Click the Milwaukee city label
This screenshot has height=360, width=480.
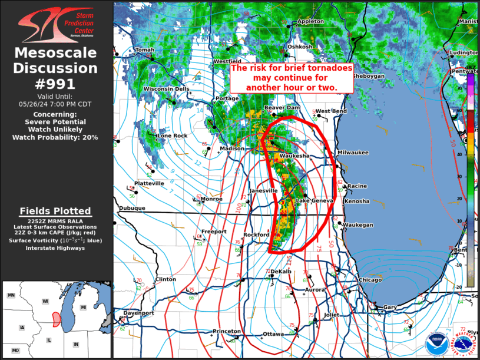click(x=353, y=153)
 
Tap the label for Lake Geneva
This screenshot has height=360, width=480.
click(x=315, y=201)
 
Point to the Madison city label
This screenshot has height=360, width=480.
click(x=231, y=148)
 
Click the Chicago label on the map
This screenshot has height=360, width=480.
click(x=370, y=280)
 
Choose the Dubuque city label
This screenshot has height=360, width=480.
click(x=132, y=208)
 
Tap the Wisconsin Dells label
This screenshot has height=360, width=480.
click(x=166, y=89)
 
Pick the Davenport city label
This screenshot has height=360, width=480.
click(x=139, y=313)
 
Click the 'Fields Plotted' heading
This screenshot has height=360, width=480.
click(x=55, y=211)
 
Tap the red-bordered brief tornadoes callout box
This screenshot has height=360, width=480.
click(x=292, y=78)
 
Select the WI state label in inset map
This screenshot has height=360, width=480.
click(x=45, y=300)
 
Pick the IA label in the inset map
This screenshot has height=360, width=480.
click(x=22, y=327)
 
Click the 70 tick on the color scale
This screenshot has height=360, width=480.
click(x=475, y=88)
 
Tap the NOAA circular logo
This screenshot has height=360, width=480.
click(x=436, y=344)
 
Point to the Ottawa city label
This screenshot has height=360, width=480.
click(x=273, y=334)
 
